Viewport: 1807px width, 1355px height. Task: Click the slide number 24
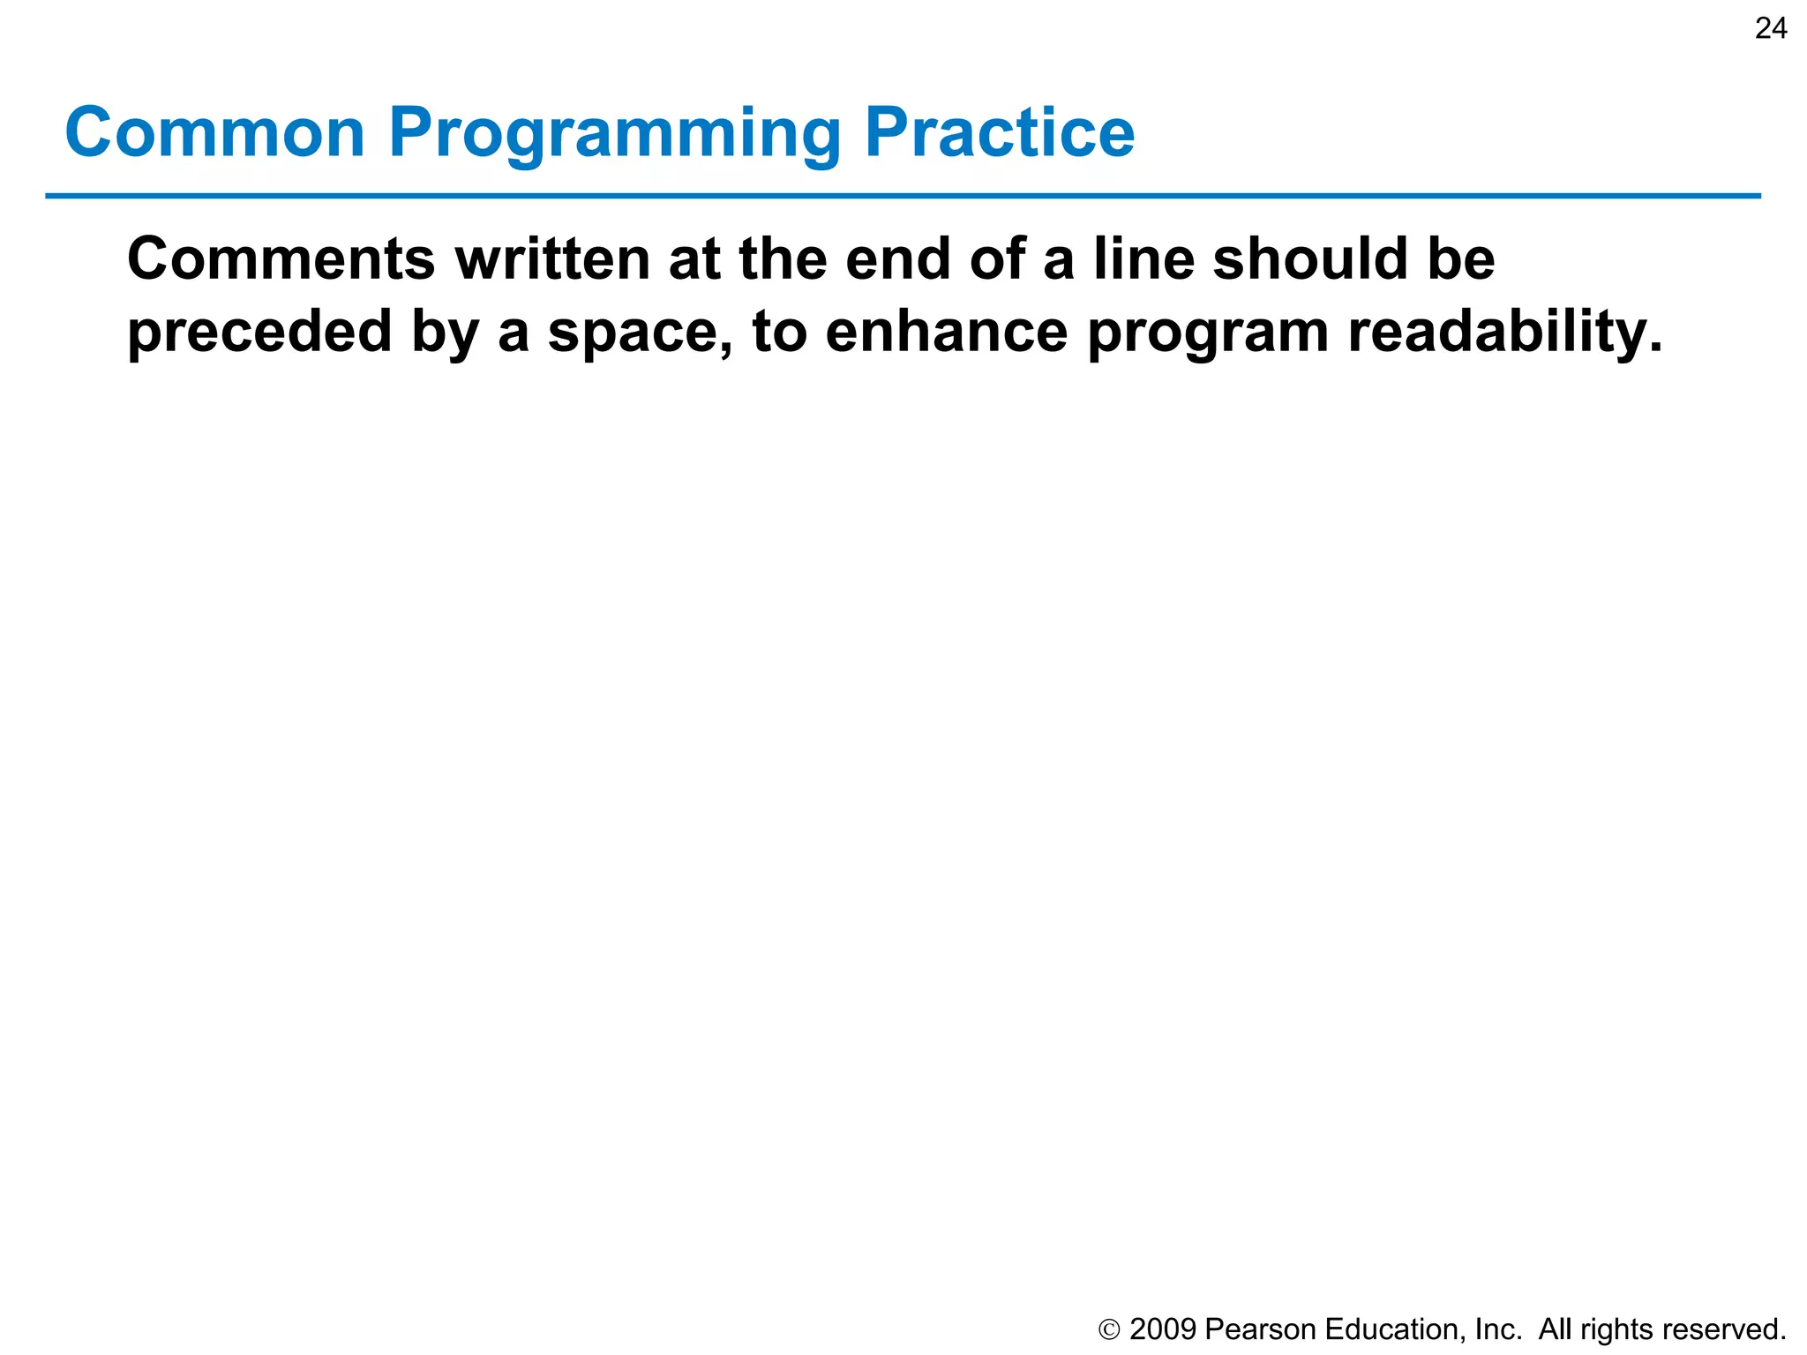1770,29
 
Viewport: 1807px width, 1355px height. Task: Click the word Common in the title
214,132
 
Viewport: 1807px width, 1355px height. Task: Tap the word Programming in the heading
614,134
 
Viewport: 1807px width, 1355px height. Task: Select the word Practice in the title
999,132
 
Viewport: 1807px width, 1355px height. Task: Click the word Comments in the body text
281,259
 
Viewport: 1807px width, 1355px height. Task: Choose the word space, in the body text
640,333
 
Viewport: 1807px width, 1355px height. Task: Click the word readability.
1504,332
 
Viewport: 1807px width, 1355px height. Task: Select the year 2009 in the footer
1162,1329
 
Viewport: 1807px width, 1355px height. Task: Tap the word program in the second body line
1207,333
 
